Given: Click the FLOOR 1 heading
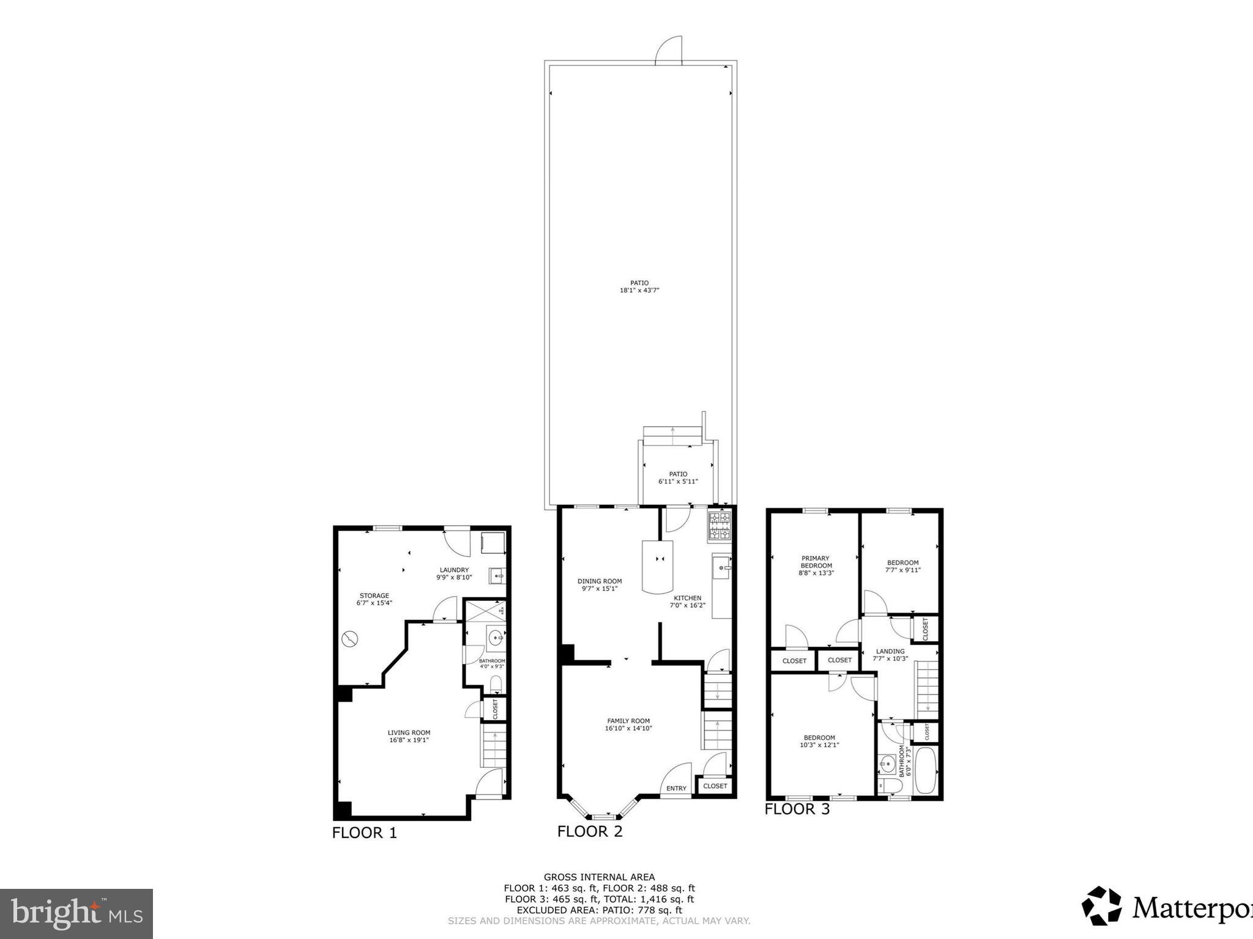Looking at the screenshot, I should point(365,833).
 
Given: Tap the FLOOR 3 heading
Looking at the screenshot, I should point(797,809).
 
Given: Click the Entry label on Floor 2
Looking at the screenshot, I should point(676,788).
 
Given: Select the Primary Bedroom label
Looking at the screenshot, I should point(816,562).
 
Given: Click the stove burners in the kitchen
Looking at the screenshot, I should point(720,526).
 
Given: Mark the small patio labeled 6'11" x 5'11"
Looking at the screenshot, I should point(678,477).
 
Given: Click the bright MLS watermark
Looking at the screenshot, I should point(76,913).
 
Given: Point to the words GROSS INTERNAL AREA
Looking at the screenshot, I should point(599,877).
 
